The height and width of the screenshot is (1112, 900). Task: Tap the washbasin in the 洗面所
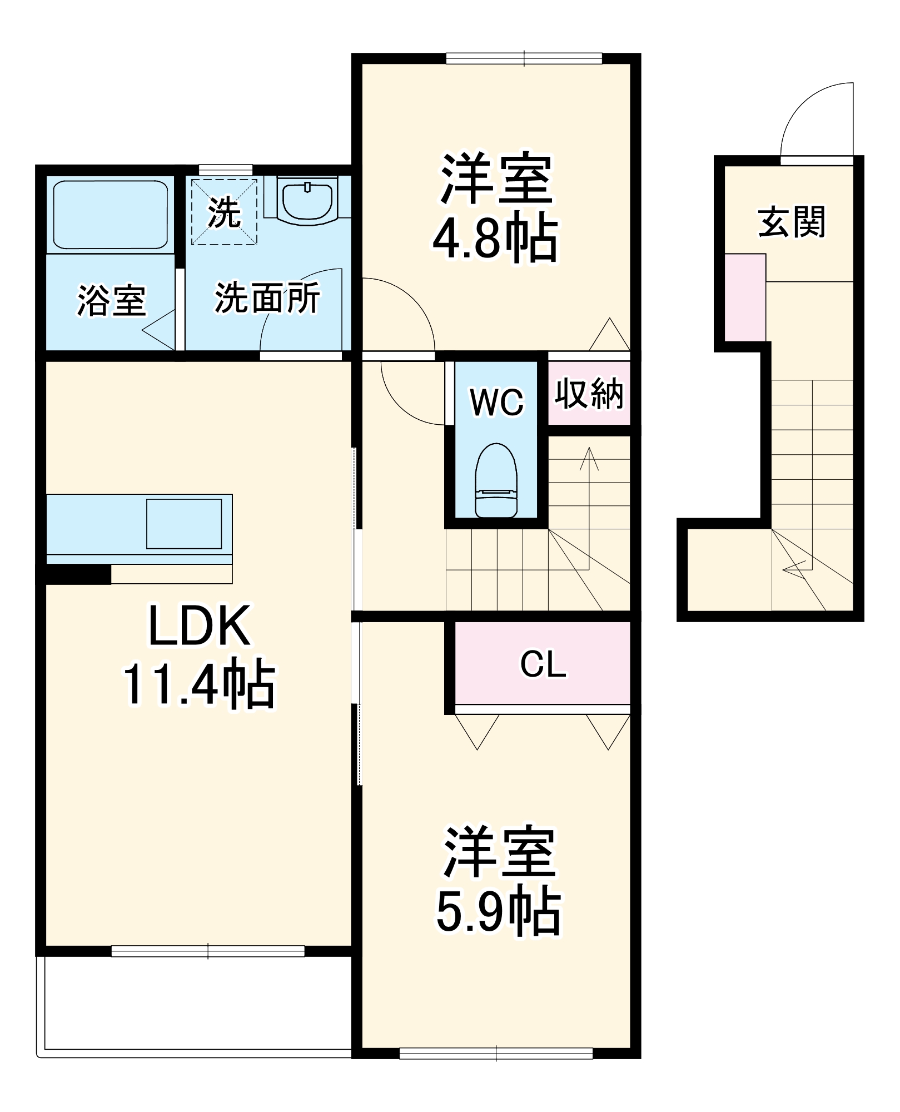(x=307, y=199)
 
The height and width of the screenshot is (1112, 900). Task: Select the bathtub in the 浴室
(x=110, y=214)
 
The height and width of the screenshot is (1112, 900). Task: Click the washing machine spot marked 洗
(x=225, y=211)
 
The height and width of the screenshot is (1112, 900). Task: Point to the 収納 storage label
(x=589, y=394)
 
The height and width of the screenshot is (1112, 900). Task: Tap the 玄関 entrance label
(x=792, y=222)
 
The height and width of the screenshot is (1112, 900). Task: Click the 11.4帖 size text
(x=199, y=684)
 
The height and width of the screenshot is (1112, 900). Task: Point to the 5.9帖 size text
(x=498, y=912)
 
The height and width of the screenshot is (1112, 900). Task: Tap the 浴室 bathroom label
(x=111, y=301)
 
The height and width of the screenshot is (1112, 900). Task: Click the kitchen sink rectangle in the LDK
(x=184, y=524)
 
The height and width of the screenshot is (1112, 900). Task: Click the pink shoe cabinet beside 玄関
(x=745, y=297)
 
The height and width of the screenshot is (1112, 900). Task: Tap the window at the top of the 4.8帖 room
(x=524, y=58)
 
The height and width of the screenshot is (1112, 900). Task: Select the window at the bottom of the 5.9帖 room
(x=496, y=1053)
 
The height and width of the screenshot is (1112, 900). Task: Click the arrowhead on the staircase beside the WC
(x=589, y=457)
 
